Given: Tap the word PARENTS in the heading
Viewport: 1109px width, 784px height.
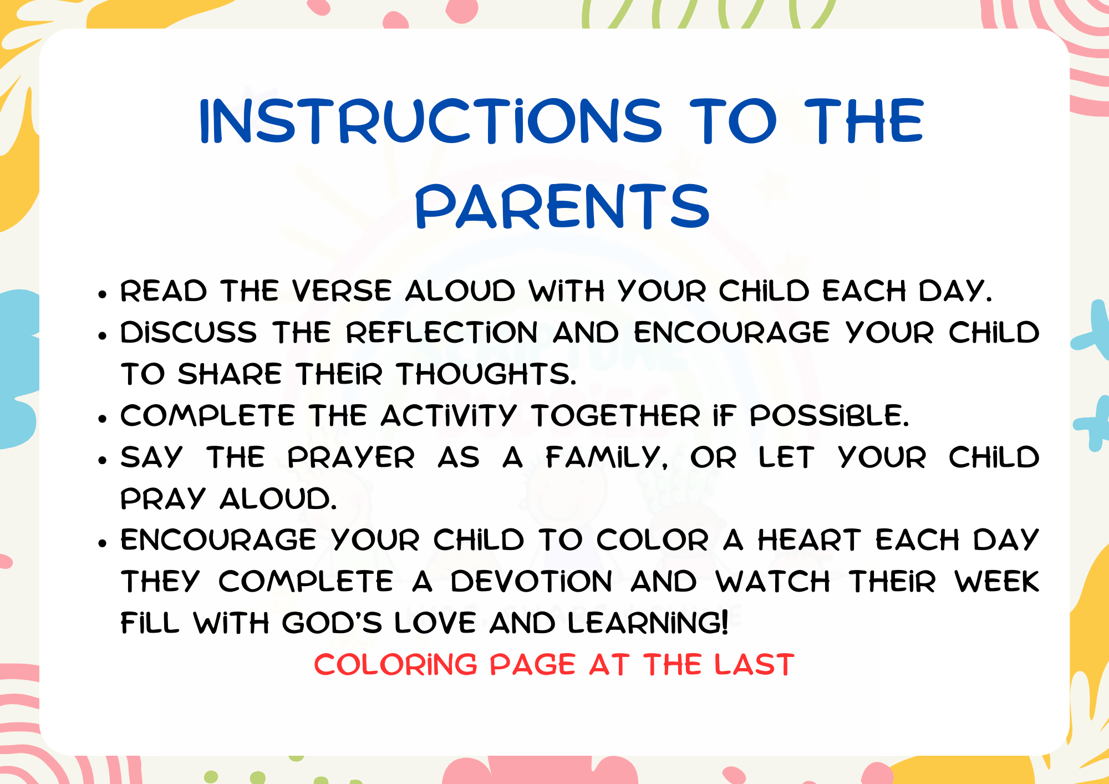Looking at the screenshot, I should [x=562, y=207].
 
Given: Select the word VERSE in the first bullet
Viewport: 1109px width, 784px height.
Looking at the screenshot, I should [x=342, y=291].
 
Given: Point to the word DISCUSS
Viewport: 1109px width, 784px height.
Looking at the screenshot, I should [x=189, y=333].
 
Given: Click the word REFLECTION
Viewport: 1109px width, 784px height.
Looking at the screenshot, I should [x=442, y=333].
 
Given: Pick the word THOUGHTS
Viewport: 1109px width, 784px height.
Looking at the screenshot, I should [x=486, y=374].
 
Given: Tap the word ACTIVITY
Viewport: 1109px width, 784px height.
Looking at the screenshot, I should [x=449, y=416].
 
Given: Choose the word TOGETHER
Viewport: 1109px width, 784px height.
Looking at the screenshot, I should [x=615, y=416].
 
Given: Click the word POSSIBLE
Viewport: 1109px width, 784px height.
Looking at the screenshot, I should [x=829, y=416].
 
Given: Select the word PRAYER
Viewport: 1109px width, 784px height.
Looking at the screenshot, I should [x=350, y=457].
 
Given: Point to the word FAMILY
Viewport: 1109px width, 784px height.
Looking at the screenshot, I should [x=607, y=457].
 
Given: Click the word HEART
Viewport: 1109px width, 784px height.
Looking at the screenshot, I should [x=810, y=540].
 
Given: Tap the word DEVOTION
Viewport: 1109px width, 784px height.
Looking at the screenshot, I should [x=531, y=582].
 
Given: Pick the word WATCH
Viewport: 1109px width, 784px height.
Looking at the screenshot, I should [x=772, y=582].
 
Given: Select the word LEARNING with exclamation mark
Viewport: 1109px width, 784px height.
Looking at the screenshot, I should [x=648, y=623].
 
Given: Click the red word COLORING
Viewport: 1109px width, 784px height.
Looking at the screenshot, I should [x=395, y=665].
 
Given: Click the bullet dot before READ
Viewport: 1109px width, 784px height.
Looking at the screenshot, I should [x=102, y=294].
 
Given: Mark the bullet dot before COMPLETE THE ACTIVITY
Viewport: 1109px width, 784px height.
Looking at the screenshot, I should [x=102, y=419].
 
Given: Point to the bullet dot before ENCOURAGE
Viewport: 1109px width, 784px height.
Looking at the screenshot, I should [x=102, y=543].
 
